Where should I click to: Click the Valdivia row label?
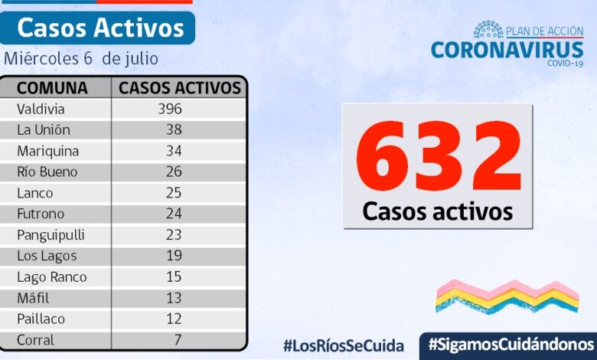point(41,109)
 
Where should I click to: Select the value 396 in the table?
point(169,109)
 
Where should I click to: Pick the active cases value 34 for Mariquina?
point(174,151)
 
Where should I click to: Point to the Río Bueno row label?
point(47,172)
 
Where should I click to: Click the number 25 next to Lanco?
point(174,193)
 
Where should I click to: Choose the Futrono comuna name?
point(41,214)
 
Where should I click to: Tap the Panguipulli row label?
point(51,235)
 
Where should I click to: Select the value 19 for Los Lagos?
point(174,256)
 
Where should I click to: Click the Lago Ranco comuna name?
point(51,277)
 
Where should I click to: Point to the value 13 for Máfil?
point(174,298)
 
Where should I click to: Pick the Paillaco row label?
point(41,319)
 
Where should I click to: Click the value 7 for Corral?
point(178,339)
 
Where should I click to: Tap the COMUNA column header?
point(52,87)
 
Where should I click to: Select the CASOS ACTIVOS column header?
point(180,87)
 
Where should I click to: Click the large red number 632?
point(438,158)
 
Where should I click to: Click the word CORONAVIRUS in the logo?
point(507,50)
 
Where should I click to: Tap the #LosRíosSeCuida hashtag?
point(343,345)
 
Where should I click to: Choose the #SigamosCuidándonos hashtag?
point(511,344)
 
